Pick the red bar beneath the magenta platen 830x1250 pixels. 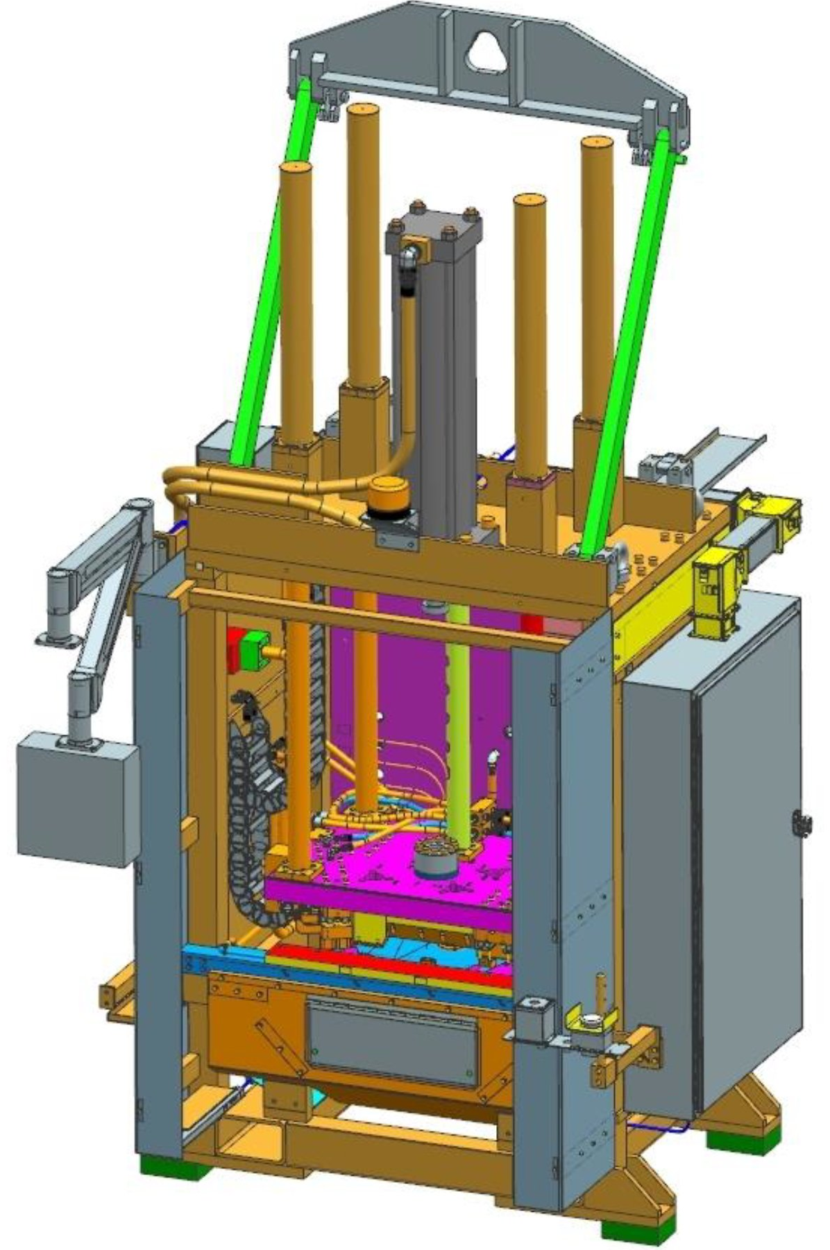[389, 961]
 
